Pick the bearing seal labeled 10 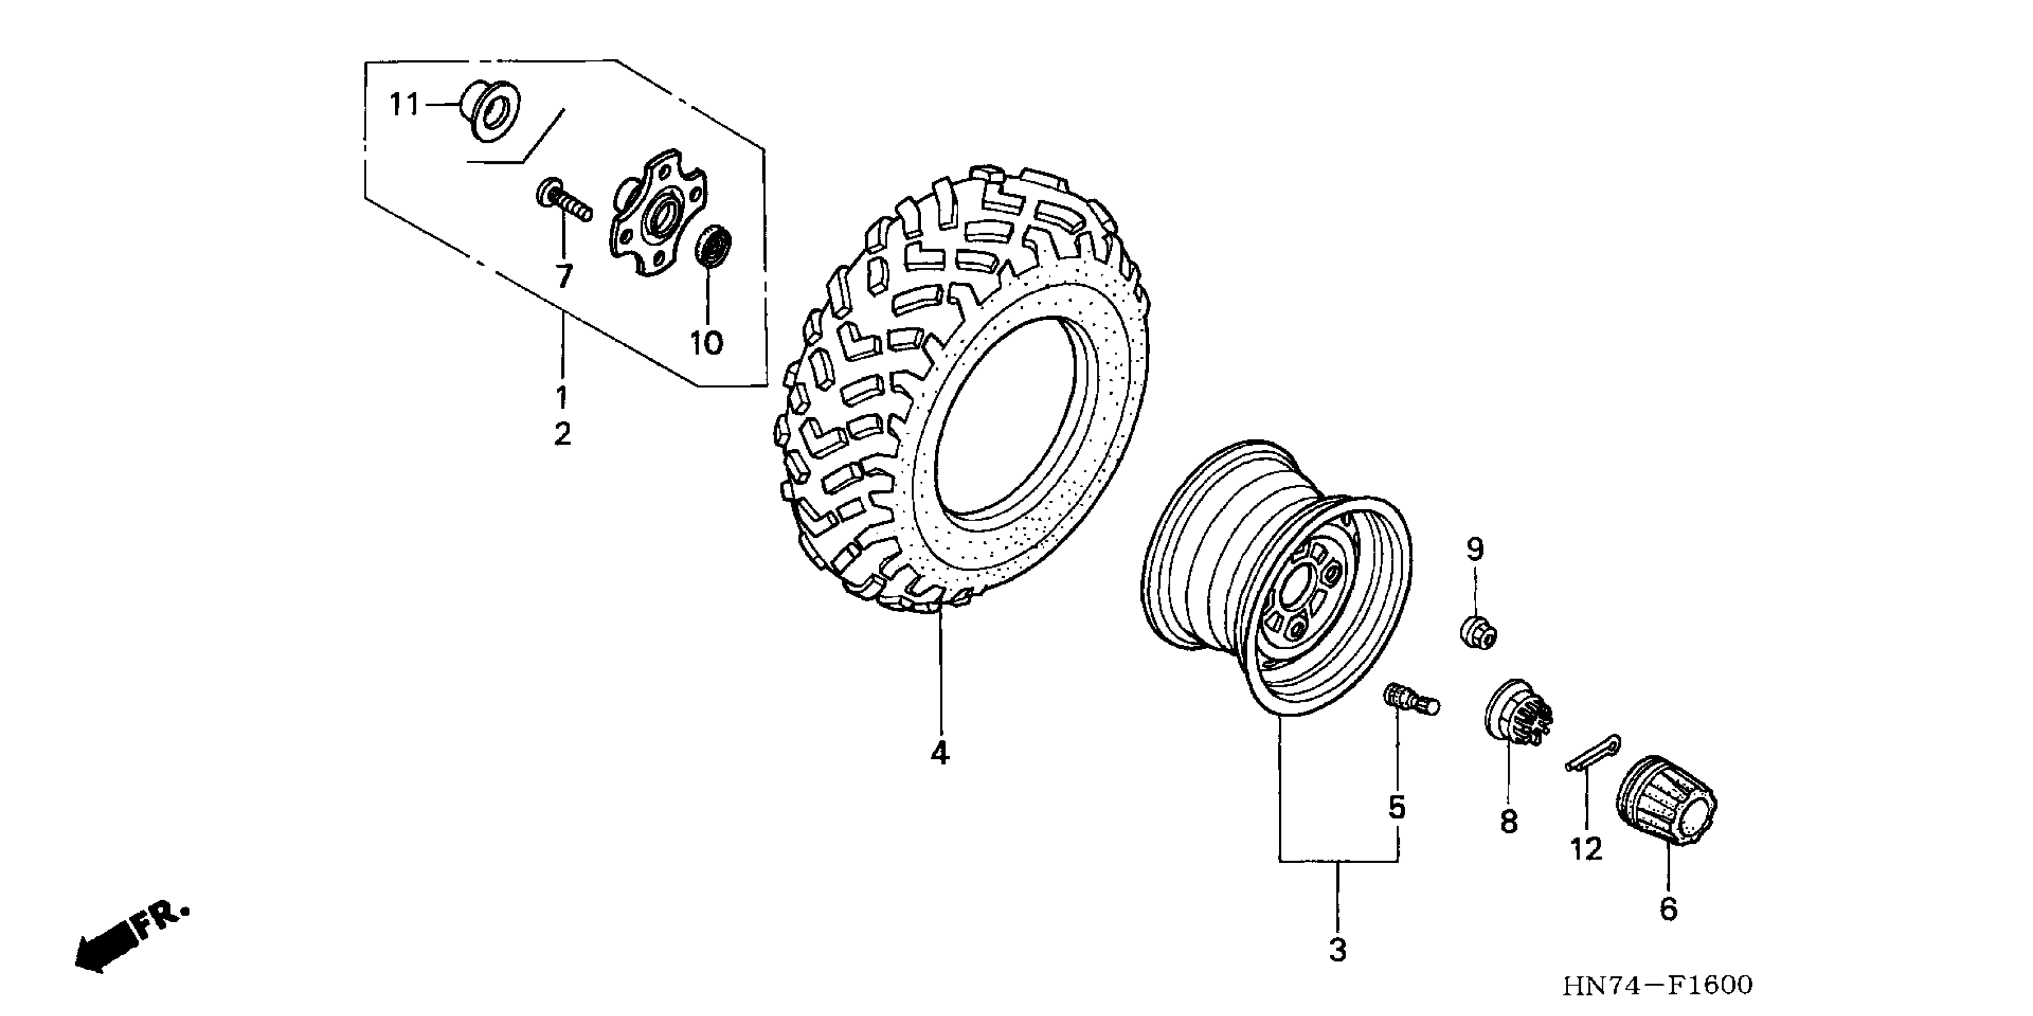[713, 244]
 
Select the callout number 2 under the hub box [562, 433]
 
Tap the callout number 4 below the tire [939, 754]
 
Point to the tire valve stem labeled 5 [1409, 699]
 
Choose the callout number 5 [1397, 807]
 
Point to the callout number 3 [1338, 950]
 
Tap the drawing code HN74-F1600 [1657, 985]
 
